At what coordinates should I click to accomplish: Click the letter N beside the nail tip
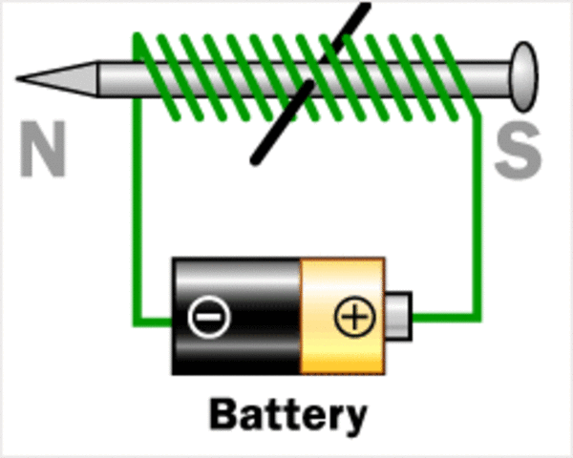click(x=43, y=154)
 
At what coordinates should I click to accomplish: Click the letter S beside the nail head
click(x=518, y=154)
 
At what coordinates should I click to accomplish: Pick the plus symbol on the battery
click(x=353, y=317)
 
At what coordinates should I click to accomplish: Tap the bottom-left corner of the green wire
click(x=138, y=315)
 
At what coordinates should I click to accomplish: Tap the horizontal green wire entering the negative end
click(x=155, y=316)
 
